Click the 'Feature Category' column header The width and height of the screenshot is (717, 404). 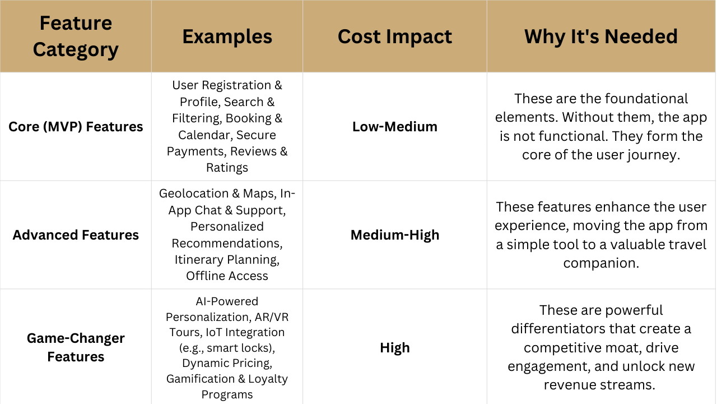pos(76,36)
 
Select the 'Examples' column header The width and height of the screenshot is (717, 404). pos(227,36)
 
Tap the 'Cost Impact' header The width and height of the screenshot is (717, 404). pos(395,36)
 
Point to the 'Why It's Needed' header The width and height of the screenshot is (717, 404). pos(601,36)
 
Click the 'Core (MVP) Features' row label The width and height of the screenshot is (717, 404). pos(76,127)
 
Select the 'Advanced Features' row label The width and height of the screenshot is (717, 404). pos(76,235)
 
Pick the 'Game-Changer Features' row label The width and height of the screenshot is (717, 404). pos(76,347)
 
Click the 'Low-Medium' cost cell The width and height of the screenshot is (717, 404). pos(395,127)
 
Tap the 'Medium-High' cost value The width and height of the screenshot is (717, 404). pos(395,235)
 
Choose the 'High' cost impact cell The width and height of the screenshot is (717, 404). pos(395,347)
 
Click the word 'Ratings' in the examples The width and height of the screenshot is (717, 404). pos(227,168)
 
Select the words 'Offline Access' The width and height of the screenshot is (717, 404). pos(227,276)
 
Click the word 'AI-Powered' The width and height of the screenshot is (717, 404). pos(227,301)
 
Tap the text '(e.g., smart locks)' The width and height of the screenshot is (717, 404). pos(227,348)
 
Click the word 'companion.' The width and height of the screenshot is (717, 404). pos(601,263)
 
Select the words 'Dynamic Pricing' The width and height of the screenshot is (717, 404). pos(227,363)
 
